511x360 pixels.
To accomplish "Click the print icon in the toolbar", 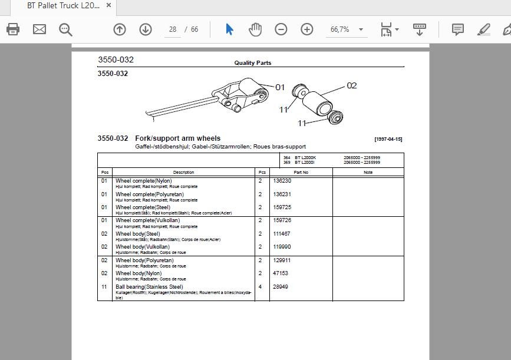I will pos(13,29).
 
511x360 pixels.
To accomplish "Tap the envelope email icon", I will pos(39,29).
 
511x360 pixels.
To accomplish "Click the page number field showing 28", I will pos(172,29).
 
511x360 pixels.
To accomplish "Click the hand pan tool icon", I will pos(255,29).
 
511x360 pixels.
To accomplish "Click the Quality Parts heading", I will pos(252,63).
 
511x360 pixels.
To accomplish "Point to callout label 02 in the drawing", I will pos(351,85).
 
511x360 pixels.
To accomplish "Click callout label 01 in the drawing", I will pos(280,87).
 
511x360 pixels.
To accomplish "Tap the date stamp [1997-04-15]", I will pos(388,139).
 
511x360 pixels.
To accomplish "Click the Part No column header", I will pos(301,172).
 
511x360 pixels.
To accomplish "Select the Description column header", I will pos(183,172).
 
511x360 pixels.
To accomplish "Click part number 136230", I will pos(282,181).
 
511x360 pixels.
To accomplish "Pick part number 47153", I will pos(281,273).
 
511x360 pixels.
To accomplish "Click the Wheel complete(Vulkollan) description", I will pos(147,220).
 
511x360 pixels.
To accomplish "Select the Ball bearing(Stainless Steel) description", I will pos(149,287).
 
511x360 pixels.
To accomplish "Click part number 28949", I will pos(281,287).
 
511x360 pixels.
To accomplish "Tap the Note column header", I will pos(368,172).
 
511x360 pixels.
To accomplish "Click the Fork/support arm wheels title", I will pos(177,138).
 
